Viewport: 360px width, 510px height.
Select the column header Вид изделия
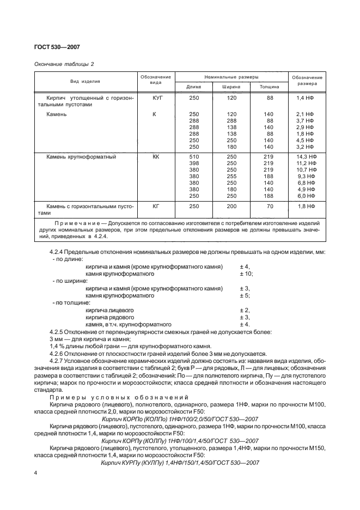[x=84, y=82]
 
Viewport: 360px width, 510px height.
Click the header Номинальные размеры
[x=231, y=77]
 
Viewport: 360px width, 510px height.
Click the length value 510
[x=194, y=156]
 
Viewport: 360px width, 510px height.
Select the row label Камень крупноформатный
[x=81, y=156]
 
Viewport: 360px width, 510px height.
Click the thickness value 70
[x=270, y=207]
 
